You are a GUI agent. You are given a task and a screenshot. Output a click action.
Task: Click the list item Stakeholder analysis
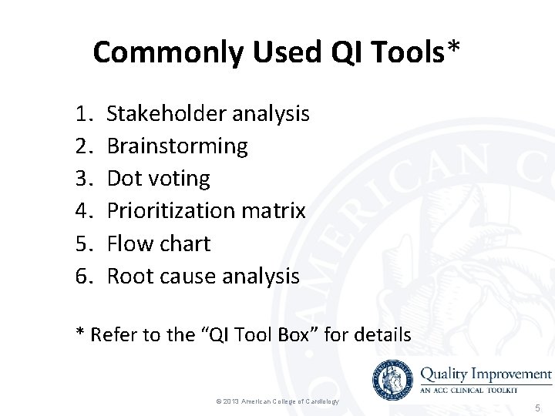(208, 114)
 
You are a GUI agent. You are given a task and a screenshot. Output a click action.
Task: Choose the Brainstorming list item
(177, 146)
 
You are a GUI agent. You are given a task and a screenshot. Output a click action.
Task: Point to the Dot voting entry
(158, 179)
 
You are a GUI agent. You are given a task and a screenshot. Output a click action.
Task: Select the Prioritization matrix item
(206, 210)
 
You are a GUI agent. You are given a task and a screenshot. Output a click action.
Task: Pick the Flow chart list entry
(158, 243)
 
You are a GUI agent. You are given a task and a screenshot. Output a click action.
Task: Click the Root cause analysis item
(203, 276)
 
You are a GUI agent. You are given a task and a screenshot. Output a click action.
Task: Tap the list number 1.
(83, 114)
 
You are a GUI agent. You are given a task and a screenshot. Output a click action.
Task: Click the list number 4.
(83, 210)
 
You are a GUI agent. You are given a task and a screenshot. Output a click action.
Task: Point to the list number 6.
(83, 276)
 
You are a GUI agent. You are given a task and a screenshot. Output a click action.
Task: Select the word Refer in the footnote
(112, 335)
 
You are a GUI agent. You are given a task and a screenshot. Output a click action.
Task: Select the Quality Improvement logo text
(486, 374)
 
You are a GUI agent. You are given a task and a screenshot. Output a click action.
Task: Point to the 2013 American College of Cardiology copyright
(277, 402)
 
